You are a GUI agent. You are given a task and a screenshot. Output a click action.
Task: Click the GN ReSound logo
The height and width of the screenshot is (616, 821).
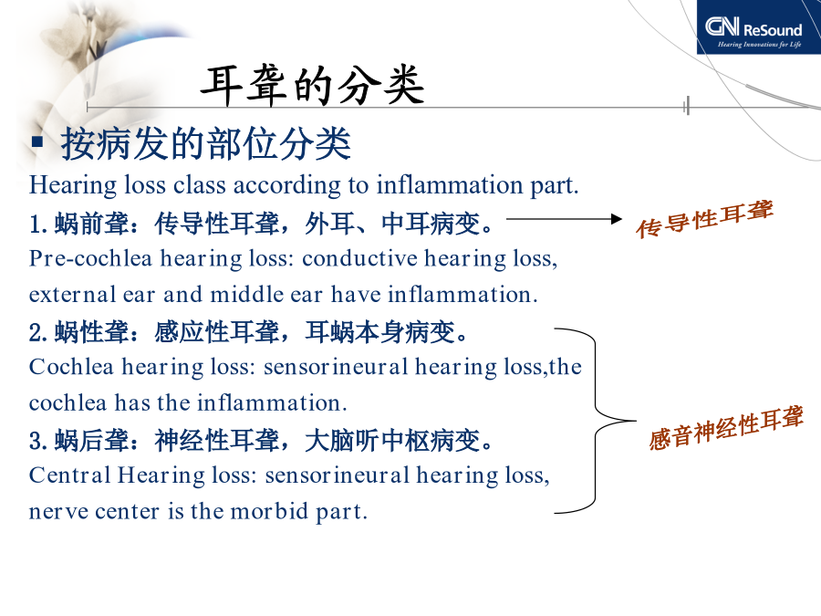click(x=758, y=26)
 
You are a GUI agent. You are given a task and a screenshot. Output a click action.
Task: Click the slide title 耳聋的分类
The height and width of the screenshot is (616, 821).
click(x=313, y=86)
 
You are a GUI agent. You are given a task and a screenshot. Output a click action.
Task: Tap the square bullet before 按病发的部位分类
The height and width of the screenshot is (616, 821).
click(x=37, y=141)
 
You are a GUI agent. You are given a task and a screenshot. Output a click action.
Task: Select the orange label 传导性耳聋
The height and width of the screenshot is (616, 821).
click(x=705, y=219)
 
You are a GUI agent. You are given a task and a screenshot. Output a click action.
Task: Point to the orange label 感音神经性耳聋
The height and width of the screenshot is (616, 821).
click(x=726, y=428)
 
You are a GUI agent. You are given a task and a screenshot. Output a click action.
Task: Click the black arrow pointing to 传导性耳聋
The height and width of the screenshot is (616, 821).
click(x=565, y=219)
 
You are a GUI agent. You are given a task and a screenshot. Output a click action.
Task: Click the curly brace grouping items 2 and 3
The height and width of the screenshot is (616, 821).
click(x=596, y=421)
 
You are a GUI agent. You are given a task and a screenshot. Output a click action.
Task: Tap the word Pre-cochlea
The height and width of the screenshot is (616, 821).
click(x=90, y=258)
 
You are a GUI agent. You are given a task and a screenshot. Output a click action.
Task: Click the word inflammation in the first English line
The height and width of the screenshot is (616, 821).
click(x=450, y=185)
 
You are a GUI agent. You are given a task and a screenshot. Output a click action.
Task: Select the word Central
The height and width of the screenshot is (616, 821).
click(x=69, y=475)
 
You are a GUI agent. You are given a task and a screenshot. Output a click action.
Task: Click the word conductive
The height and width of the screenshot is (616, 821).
click(x=359, y=258)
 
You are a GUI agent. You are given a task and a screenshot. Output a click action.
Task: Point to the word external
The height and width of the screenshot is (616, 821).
click(x=73, y=295)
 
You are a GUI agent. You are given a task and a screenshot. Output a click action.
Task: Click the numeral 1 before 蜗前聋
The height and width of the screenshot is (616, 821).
click(x=35, y=224)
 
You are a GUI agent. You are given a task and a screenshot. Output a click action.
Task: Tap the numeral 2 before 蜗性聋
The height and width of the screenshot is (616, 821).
click(x=35, y=332)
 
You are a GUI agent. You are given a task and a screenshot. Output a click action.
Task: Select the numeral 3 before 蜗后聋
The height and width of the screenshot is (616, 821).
click(x=35, y=441)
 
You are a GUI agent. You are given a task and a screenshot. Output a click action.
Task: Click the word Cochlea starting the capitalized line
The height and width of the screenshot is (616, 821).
click(x=71, y=367)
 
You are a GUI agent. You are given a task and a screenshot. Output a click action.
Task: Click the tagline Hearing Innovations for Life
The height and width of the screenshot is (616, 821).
click(x=759, y=45)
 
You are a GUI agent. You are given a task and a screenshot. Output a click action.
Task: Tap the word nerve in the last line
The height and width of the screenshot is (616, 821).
click(x=58, y=512)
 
